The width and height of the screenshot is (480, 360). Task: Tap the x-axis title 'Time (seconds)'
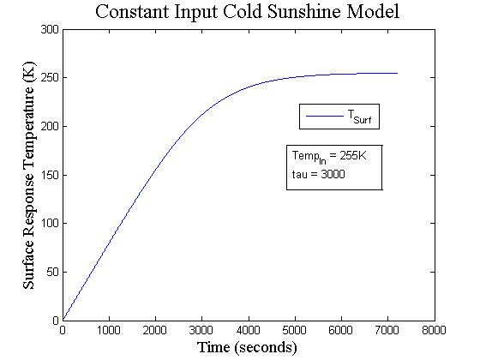pyautogui.click(x=248, y=347)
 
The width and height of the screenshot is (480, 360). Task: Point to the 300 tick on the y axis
pyautogui.click(x=50, y=29)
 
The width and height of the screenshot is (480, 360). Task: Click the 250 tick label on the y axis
pyautogui.click(x=50, y=78)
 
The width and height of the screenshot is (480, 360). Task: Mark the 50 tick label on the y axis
pyautogui.click(x=52, y=272)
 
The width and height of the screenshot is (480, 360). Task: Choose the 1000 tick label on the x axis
pyautogui.click(x=109, y=330)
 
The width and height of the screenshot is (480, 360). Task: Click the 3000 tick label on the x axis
pyautogui.click(x=201, y=330)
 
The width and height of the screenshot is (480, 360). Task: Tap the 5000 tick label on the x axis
pyautogui.click(x=295, y=330)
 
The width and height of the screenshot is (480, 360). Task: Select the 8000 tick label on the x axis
pyautogui.click(x=435, y=330)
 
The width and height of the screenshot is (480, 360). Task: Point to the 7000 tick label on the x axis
pyautogui.click(x=388, y=330)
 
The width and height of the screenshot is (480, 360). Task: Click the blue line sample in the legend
pyautogui.click(x=324, y=116)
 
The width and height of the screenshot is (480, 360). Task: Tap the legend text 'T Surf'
pyautogui.click(x=359, y=117)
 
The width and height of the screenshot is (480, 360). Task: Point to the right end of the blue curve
pyautogui.click(x=398, y=73)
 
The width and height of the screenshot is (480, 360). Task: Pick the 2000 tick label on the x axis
pyautogui.click(x=155, y=330)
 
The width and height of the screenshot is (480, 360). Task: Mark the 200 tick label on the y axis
pyautogui.click(x=50, y=126)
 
